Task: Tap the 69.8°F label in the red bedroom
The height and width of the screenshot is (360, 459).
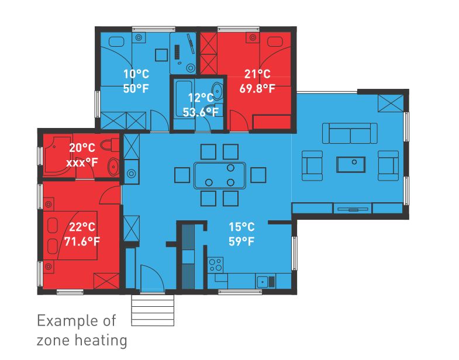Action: click(257, 89)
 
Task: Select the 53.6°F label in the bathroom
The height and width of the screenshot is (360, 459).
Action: click(200, 112)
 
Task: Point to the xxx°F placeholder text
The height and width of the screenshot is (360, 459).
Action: click(82, 162)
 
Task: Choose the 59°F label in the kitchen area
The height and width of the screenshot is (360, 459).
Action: click(241, 240)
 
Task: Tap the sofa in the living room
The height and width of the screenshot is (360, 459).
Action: click(350, 133)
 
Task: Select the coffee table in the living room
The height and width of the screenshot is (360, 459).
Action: click(351, 164)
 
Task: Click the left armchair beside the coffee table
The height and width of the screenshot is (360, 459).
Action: click(312, 164)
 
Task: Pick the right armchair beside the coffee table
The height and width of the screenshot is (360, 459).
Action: click(388, 164)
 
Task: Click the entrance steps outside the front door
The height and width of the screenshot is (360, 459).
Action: click(153, 310)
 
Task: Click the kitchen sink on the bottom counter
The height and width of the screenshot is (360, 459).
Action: click(266, 282)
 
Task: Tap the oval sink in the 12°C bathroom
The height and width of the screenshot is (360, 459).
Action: click(217, 92)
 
